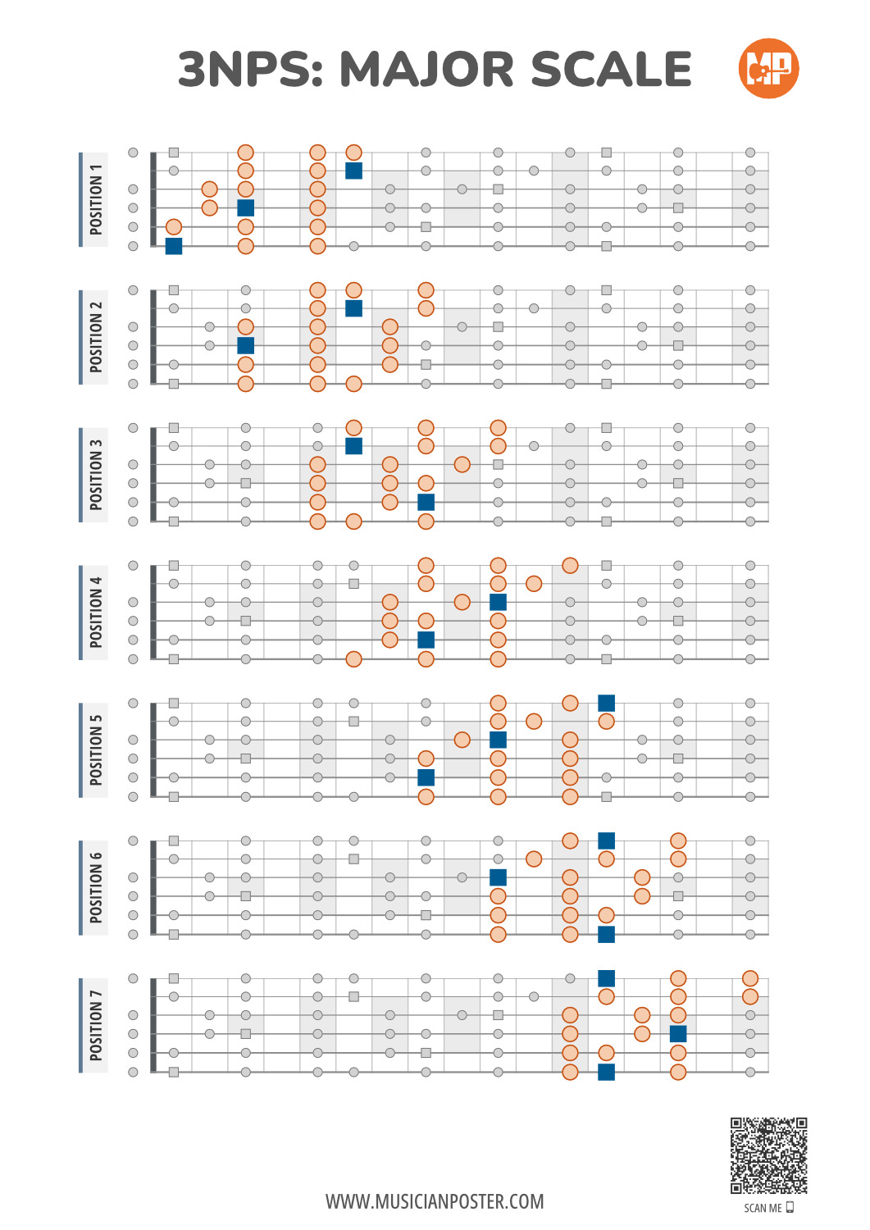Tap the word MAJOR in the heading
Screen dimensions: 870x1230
click(426, 69)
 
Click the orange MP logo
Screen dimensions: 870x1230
click(768, 68)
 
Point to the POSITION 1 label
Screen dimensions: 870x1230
click(96, 199)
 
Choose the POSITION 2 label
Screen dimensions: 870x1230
click(96, 336)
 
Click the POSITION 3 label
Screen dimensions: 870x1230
click(96, 475)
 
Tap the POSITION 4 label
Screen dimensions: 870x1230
click(96, 613)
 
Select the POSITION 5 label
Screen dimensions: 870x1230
click(96, 749)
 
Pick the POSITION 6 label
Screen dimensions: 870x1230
click(96, 887)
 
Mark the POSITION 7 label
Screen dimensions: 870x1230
click(96, 1025)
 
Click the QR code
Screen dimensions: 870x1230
click(768, 1155)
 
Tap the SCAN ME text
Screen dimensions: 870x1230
click(763, 1208)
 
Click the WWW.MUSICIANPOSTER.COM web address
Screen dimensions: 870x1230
click(435, 1202)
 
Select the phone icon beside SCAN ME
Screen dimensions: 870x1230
click(790, 1208)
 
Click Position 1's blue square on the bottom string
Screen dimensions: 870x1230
click(174, 246)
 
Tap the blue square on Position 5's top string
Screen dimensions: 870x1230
click(606, 703)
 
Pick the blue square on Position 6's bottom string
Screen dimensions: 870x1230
click(606, 934)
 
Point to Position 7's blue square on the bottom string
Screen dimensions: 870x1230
click(606, 1072)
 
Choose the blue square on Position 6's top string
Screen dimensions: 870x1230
click(606, 840)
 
